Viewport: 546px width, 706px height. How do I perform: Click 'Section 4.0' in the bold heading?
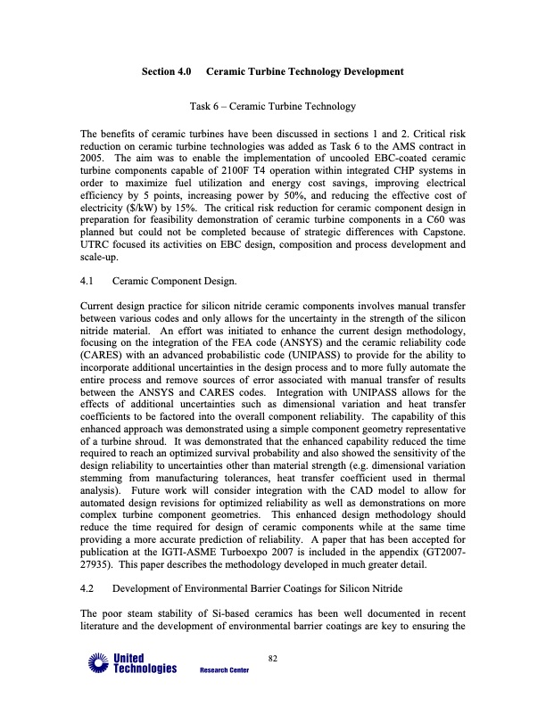(169, 70)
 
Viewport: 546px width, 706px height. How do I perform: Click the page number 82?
(273, 658)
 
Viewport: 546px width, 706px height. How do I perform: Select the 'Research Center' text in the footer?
(224, 670)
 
